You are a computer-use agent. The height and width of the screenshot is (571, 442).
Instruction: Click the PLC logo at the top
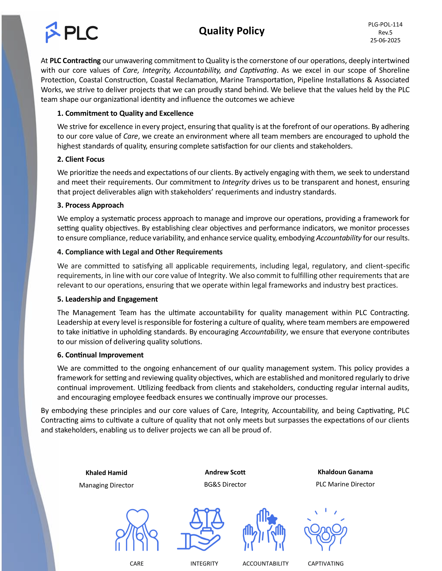coord(72,32)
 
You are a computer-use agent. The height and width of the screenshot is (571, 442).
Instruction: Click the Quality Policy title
coord(231,31)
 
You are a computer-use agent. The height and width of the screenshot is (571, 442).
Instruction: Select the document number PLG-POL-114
coord(385,25)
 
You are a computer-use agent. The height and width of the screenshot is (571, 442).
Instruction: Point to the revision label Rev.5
coord(385,32)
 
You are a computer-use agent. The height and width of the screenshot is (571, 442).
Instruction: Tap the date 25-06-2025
coord(385,40)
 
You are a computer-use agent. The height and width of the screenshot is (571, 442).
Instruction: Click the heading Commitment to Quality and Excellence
coord(125,113)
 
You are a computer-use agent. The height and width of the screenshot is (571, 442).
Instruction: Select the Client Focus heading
coord(81,159)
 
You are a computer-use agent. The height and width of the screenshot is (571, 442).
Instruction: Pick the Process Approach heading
coord(90,205)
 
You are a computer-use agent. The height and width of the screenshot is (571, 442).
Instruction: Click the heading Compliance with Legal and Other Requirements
coord(140,252)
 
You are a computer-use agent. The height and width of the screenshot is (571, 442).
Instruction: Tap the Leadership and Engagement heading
coord(107,299)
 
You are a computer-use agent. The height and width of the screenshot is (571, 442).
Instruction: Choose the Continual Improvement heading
coord(100,355)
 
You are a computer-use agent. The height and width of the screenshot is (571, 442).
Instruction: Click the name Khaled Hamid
coord(106,473)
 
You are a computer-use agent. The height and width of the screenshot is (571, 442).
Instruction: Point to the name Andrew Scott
coord(225,472)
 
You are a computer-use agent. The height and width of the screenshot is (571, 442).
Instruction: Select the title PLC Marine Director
coord(345,484)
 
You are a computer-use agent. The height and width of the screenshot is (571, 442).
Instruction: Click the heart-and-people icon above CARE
coord(137,530)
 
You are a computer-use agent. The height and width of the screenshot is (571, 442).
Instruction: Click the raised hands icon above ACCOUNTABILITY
coord(264,530)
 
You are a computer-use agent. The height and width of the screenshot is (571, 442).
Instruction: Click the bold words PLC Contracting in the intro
coord(75,61)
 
